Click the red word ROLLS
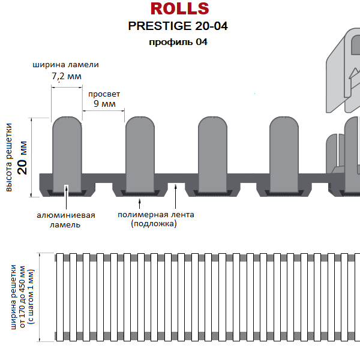coord(179,9)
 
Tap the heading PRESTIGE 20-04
coord(178,26)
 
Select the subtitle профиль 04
coord(178,42)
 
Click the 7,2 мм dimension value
coord(67,76)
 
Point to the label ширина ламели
coord(65,65)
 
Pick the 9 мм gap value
coord(104,104)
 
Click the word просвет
coord(104,94)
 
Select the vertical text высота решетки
coord(9,157)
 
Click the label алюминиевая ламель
coord(65,220)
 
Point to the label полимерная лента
coord(156,215)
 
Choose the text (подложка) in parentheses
coord(154,224)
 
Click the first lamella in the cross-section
coord(67,154)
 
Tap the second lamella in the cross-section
coord(140,154)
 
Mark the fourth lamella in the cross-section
coord(284,154)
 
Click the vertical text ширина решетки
coord(13,297)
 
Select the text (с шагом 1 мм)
coord(31,297)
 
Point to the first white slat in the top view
coord(60,297)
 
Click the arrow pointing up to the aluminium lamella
coord(67,197)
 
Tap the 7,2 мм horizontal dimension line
coord(67,87)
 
